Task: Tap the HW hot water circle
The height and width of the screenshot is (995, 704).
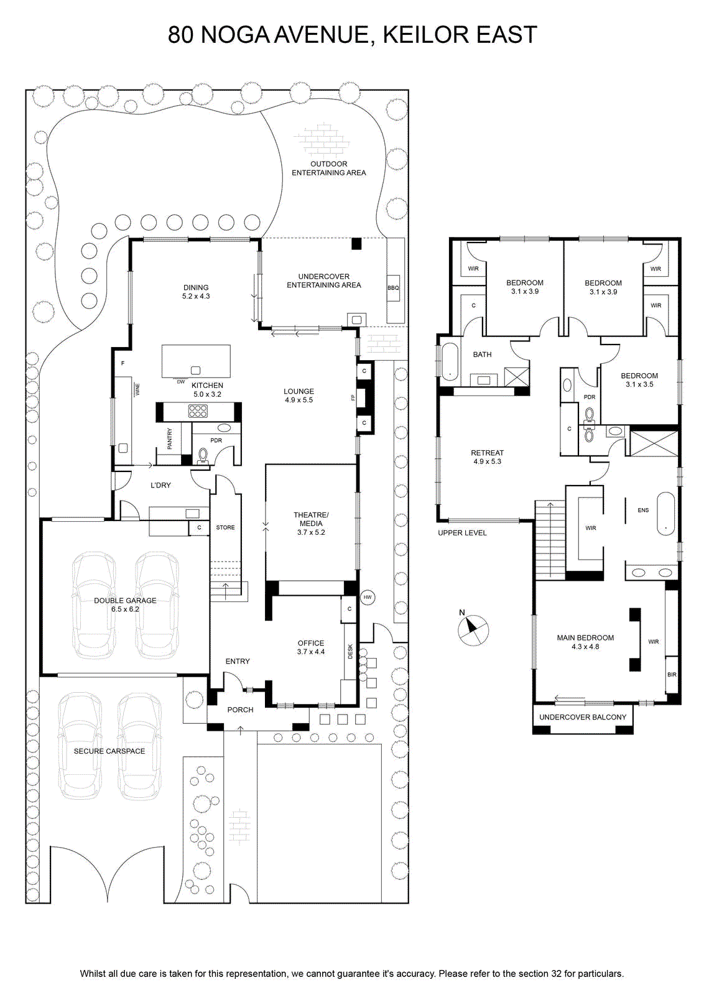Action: (368, 598)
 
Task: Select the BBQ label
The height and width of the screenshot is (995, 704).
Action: (393, 288)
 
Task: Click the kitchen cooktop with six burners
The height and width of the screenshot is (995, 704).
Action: (198, 410)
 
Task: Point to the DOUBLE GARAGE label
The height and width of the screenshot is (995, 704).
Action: (125, 601)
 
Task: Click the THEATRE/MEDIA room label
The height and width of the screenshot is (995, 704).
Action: (311, 519)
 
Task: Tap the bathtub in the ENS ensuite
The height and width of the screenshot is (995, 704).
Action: (665, 513)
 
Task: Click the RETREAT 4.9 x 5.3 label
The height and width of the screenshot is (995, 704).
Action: (487, 457)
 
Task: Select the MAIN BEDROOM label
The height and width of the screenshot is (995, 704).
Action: (585, 638)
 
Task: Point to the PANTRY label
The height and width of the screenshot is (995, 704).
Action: (170, 438)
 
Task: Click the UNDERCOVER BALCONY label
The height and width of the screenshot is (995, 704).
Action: (583, 717)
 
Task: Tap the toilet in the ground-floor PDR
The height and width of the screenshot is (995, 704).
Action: (203, 456)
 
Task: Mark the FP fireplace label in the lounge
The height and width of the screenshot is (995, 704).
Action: (353, 397)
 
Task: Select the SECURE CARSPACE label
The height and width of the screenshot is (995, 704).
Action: (109, 751)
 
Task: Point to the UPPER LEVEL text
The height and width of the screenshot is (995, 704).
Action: (462, 533)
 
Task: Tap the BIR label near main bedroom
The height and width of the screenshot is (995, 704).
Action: (672, 675)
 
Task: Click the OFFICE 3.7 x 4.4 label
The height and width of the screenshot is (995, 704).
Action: (311, 647)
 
